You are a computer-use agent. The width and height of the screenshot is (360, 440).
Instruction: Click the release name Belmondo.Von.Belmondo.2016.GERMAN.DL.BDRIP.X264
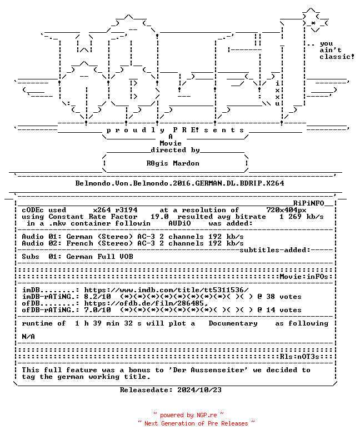click(179, 183)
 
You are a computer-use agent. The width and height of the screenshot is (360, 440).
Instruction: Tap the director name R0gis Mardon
click(173, 163)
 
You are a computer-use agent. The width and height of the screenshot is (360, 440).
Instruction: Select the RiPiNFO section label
click(309, 203)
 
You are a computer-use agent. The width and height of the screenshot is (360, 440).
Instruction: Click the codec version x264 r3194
click(116, 210)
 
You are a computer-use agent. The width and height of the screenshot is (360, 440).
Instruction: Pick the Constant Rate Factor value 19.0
click(159, 217)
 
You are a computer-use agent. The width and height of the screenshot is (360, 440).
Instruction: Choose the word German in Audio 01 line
click(79, 237)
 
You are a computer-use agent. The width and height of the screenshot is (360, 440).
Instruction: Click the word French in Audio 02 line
click(79, 243)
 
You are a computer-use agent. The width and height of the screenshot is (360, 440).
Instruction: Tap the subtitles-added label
click(275, 250)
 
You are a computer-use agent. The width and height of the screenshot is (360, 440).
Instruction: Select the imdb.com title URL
click(167, 290)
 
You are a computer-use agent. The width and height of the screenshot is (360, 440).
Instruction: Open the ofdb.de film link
click(146, 303)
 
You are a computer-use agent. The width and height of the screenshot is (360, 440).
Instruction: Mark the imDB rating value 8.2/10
click(97, 297)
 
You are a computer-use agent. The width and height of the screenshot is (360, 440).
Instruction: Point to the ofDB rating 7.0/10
click(97, 310)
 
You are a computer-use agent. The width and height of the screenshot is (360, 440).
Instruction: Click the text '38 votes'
click(284, 297)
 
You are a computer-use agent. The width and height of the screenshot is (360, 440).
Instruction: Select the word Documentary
click(233, 323)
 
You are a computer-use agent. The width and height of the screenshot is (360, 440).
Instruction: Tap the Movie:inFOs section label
click(304, 277)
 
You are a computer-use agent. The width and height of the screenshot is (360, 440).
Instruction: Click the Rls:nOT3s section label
click(299, 357)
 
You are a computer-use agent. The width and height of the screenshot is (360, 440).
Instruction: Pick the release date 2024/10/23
click(199, 390)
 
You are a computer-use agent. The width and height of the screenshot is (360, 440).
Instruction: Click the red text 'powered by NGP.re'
click(188, 415)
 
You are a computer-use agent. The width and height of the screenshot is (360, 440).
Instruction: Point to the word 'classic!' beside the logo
click(337, 57)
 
